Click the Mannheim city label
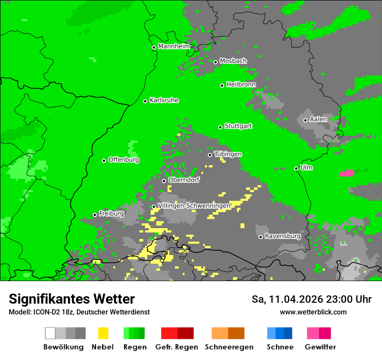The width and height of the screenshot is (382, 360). (x=174, y=46)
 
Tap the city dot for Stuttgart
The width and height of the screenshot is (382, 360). (x=220, y=127)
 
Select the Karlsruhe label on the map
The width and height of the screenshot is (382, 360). (x=164, y=100)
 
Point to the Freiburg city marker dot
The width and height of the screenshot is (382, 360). (x=95, y=215)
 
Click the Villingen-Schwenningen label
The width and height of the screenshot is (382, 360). (x=194, y=206)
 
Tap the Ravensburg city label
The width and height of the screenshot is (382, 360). (x=283, y=236)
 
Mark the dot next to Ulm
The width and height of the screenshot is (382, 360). (x=296, y=168)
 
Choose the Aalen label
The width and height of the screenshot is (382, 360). (x=318, y=119)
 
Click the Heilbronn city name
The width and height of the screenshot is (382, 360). (x=241, y=85)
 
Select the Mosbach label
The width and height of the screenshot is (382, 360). (x=233, y=61)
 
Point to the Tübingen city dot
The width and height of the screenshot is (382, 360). (x=210, y=155)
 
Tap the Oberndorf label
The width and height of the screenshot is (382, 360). (x=184, y=180)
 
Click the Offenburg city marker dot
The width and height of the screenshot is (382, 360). (x=104, y=160)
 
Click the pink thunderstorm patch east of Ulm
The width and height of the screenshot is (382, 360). (x=347, y=173)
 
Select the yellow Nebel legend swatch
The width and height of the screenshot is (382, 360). (x=103, y=333)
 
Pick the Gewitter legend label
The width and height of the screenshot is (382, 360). (x=320, y=347)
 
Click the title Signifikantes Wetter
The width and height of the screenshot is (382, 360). (x=72, y=299)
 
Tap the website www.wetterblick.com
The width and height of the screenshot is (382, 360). (x=313, y=312)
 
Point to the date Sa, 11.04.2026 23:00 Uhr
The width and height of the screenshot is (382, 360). (x=311, y=299)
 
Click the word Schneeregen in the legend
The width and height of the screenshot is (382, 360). (x=228, y=347)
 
